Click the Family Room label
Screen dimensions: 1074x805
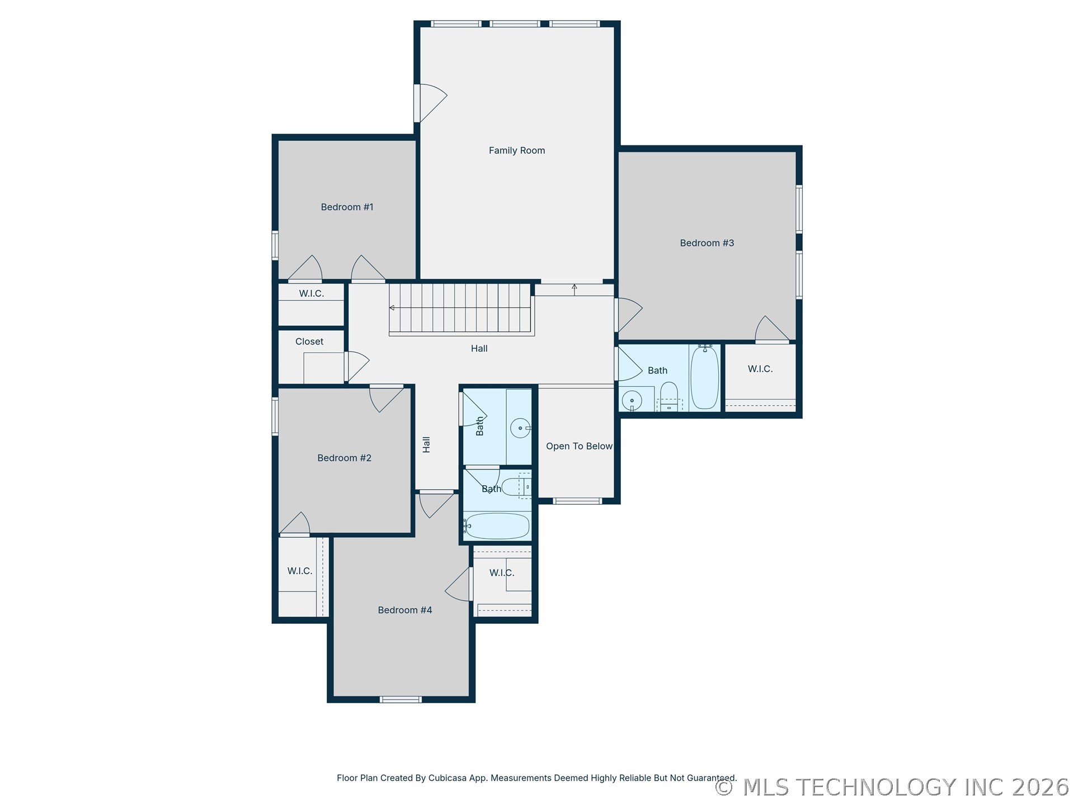pos(516,150)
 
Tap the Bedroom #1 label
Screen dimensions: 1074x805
pos(347,207)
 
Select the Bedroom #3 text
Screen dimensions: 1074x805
pos(706,243)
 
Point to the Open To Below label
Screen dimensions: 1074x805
pos(579,446)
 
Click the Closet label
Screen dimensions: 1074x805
pos(309,342)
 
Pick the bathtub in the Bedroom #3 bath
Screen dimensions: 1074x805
pos(704,377)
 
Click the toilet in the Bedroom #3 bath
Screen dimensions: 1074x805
pos(669,396)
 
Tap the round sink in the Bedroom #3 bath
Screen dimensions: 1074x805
pos(632,400)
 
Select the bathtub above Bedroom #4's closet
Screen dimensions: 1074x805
pos(497,526)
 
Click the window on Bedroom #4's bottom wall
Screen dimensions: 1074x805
pos(401,699)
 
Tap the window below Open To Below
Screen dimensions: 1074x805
pos(577,501)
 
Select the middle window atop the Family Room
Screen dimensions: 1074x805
pos(515,24)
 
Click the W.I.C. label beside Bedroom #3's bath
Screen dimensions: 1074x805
pos(760,369)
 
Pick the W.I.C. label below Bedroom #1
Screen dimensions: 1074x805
pos(312,293)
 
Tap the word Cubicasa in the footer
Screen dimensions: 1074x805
pos(449,778)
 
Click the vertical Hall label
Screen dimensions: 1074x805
pos(426,444)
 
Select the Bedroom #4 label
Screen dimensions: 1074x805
pos(405,610)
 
